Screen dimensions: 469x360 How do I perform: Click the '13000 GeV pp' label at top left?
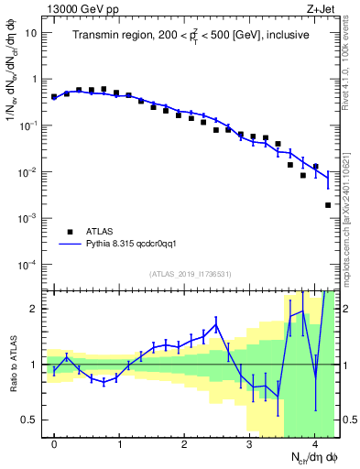click(x=79, y=8)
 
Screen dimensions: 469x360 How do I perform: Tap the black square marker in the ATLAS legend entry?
click(x=70, y=232)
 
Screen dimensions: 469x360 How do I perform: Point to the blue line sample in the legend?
click(x=70, y=245)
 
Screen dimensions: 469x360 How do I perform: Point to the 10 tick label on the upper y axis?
click(x=31, y=33)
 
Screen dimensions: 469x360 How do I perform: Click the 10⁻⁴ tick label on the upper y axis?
click(x=29, y=265)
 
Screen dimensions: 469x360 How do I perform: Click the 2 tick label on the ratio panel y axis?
click(x=35, y=309)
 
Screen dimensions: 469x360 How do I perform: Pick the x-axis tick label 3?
click(x=249, y=444)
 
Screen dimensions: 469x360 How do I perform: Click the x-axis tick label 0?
click(x=54, y=444)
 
